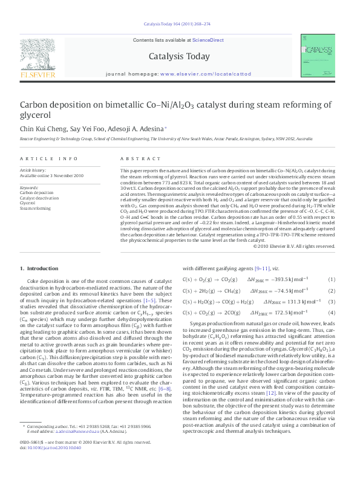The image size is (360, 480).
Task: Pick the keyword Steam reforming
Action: [x=36, y=209]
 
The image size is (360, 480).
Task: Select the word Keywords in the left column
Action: [x=29, y=187]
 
